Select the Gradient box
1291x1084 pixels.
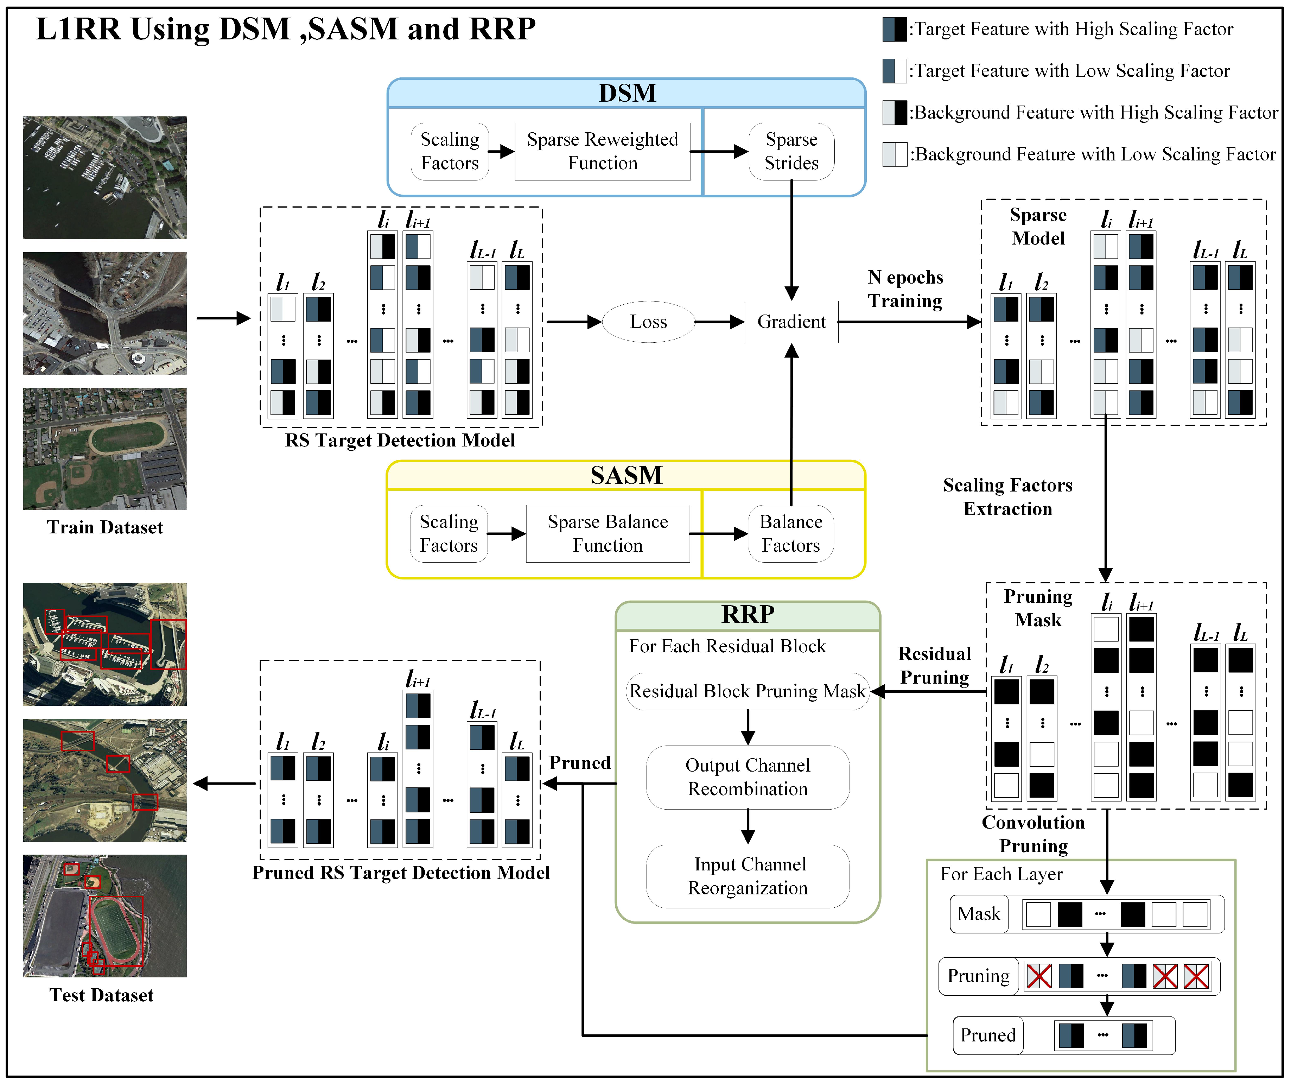coord(791,322)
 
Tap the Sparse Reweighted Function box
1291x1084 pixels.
coord(603,151)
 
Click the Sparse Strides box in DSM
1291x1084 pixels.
coord(791,151)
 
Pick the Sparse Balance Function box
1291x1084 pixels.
coord(608,534)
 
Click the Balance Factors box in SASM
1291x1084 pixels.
coord(790,534)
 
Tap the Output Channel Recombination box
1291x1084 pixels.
coord(748,777)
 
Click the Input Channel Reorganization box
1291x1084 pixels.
coord(748,876)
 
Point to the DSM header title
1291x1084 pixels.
coord(627,94)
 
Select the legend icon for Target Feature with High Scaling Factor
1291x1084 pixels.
coord(895,29)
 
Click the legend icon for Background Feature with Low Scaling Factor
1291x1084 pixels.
coord(895,154)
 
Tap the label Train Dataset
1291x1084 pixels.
coord(105,527)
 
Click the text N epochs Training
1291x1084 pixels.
coord(905,289)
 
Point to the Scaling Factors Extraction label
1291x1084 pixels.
coord(1007,497)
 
